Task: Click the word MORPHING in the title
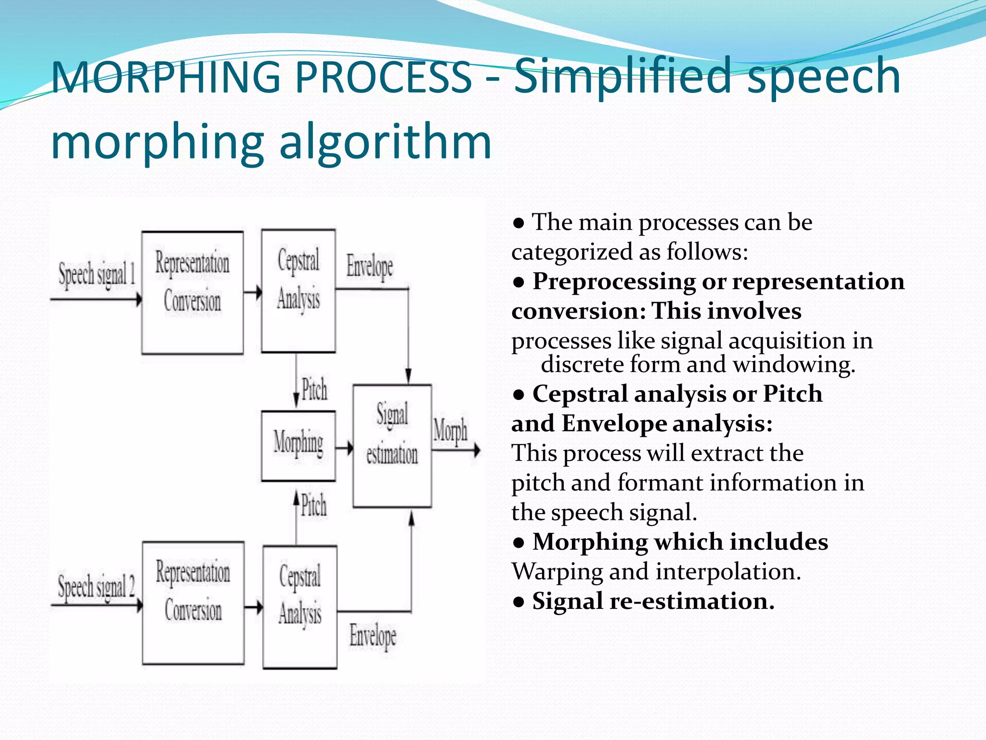164,77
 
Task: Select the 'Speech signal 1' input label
96,275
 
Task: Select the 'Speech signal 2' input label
96,587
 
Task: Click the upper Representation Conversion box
193,292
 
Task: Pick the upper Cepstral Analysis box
298,291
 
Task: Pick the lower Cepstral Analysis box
299,607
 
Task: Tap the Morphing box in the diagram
298,446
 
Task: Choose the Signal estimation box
392,446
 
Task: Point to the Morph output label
450,430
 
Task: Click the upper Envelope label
370,266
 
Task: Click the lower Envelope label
373,636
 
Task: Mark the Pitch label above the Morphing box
314,389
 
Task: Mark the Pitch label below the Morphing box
314,506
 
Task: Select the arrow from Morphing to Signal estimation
344,449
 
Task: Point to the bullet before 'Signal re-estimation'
519,602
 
